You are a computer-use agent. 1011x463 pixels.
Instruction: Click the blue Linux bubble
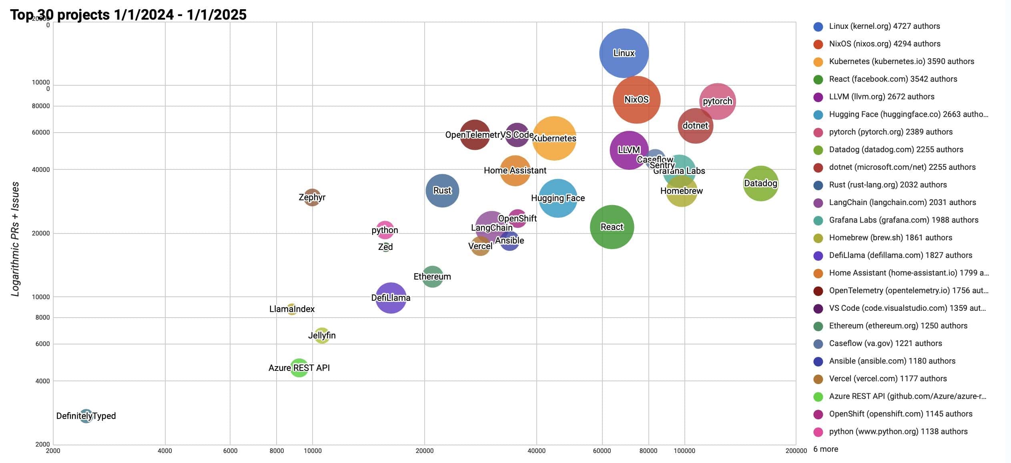624,53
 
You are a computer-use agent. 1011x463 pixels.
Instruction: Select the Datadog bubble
760,183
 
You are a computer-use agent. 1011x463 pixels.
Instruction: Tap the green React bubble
612,227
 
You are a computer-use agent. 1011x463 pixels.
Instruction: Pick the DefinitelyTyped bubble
86,416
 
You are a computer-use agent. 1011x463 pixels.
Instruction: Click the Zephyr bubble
312,197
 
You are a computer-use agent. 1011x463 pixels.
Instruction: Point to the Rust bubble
442,191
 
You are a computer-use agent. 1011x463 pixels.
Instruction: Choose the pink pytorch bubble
717,101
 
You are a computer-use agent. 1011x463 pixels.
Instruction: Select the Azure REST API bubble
299,368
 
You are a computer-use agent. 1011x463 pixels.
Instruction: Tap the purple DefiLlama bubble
391,298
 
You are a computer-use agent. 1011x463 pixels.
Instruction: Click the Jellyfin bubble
322,335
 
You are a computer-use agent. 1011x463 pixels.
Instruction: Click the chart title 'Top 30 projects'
128,15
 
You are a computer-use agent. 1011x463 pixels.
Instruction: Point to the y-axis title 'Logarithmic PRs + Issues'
15,239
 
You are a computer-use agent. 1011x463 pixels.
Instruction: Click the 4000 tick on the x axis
165,451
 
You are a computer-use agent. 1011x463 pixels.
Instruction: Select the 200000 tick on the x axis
796,451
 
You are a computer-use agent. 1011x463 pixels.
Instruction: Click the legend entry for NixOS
885,44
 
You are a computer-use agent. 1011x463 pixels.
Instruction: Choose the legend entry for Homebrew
890,238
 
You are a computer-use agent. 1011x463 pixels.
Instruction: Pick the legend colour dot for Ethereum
818,326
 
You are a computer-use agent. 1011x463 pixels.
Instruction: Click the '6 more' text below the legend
826,449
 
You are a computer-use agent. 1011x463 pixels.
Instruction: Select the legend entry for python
898,431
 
